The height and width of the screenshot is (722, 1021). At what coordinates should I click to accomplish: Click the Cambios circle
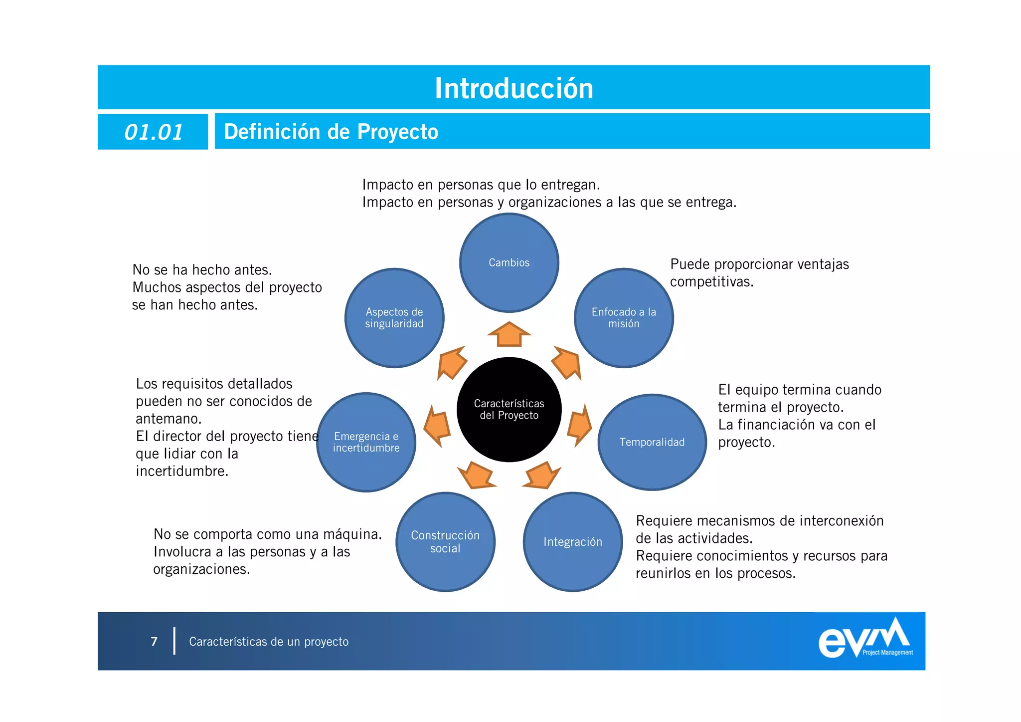point(509,263)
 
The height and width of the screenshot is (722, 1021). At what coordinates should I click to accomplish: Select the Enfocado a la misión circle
point(624,318)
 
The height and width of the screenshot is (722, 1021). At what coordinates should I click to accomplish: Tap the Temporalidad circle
point(652,442)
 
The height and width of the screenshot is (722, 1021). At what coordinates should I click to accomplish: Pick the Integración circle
point(573,542)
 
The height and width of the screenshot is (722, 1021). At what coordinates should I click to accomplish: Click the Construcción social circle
point(445,542)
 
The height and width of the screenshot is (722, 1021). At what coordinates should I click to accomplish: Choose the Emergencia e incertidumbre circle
point(366,442)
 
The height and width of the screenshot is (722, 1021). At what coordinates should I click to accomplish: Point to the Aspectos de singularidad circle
point(394,318)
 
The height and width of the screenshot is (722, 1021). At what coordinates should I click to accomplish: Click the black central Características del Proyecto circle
point(509,410)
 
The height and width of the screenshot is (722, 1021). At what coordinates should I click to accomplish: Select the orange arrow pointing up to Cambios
point(509,334)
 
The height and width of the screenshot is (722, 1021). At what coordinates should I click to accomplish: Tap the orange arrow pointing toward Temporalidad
point(579,426)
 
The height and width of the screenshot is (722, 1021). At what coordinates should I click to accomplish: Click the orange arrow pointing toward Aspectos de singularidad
point(451,363)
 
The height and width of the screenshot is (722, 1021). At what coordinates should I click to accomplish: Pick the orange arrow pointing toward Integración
point(542,476)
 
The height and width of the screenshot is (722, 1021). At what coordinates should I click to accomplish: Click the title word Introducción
point(514,88)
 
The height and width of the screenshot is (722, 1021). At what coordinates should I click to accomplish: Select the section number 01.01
point(154,132)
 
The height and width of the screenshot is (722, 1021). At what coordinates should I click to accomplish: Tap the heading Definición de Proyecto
point(331,132)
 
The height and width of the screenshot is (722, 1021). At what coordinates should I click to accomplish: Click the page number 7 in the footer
point(154,641)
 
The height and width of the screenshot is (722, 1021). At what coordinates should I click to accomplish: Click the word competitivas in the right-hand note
point(711,282)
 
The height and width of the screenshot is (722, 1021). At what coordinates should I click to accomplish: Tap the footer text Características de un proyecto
point(269,642)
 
